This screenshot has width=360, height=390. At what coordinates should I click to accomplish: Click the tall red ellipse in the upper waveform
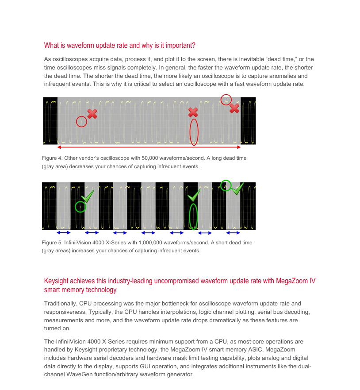pyautogui.click(x=194, y=132)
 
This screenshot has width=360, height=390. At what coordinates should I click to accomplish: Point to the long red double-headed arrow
pyautogui.click(x=149, y=147)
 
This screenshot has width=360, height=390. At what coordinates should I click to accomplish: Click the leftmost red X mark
pyautogui.click(x=92, y=114)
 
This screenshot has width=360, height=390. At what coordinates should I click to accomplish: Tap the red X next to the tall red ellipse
pyautogui.click(x=193, y=112)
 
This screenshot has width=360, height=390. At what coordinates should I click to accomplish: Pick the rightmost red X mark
pyautogui.click(x=234, y=108)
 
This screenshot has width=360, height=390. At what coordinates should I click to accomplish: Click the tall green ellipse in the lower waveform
pyautogui.click(x=193, y=216)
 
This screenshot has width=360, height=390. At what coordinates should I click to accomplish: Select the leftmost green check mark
pyautogui.click(x=88, y=195)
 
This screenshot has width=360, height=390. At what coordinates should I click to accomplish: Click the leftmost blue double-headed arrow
pyautogui.click(x=63, y=232)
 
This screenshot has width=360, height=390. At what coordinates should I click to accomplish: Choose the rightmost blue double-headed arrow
pyautogui.click(x=233, y=232)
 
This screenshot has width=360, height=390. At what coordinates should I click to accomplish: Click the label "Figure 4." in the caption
pyautogui.click(x=52, y=158)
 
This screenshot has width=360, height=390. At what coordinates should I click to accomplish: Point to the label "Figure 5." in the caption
pyautogui.click(x=52, y=243)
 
